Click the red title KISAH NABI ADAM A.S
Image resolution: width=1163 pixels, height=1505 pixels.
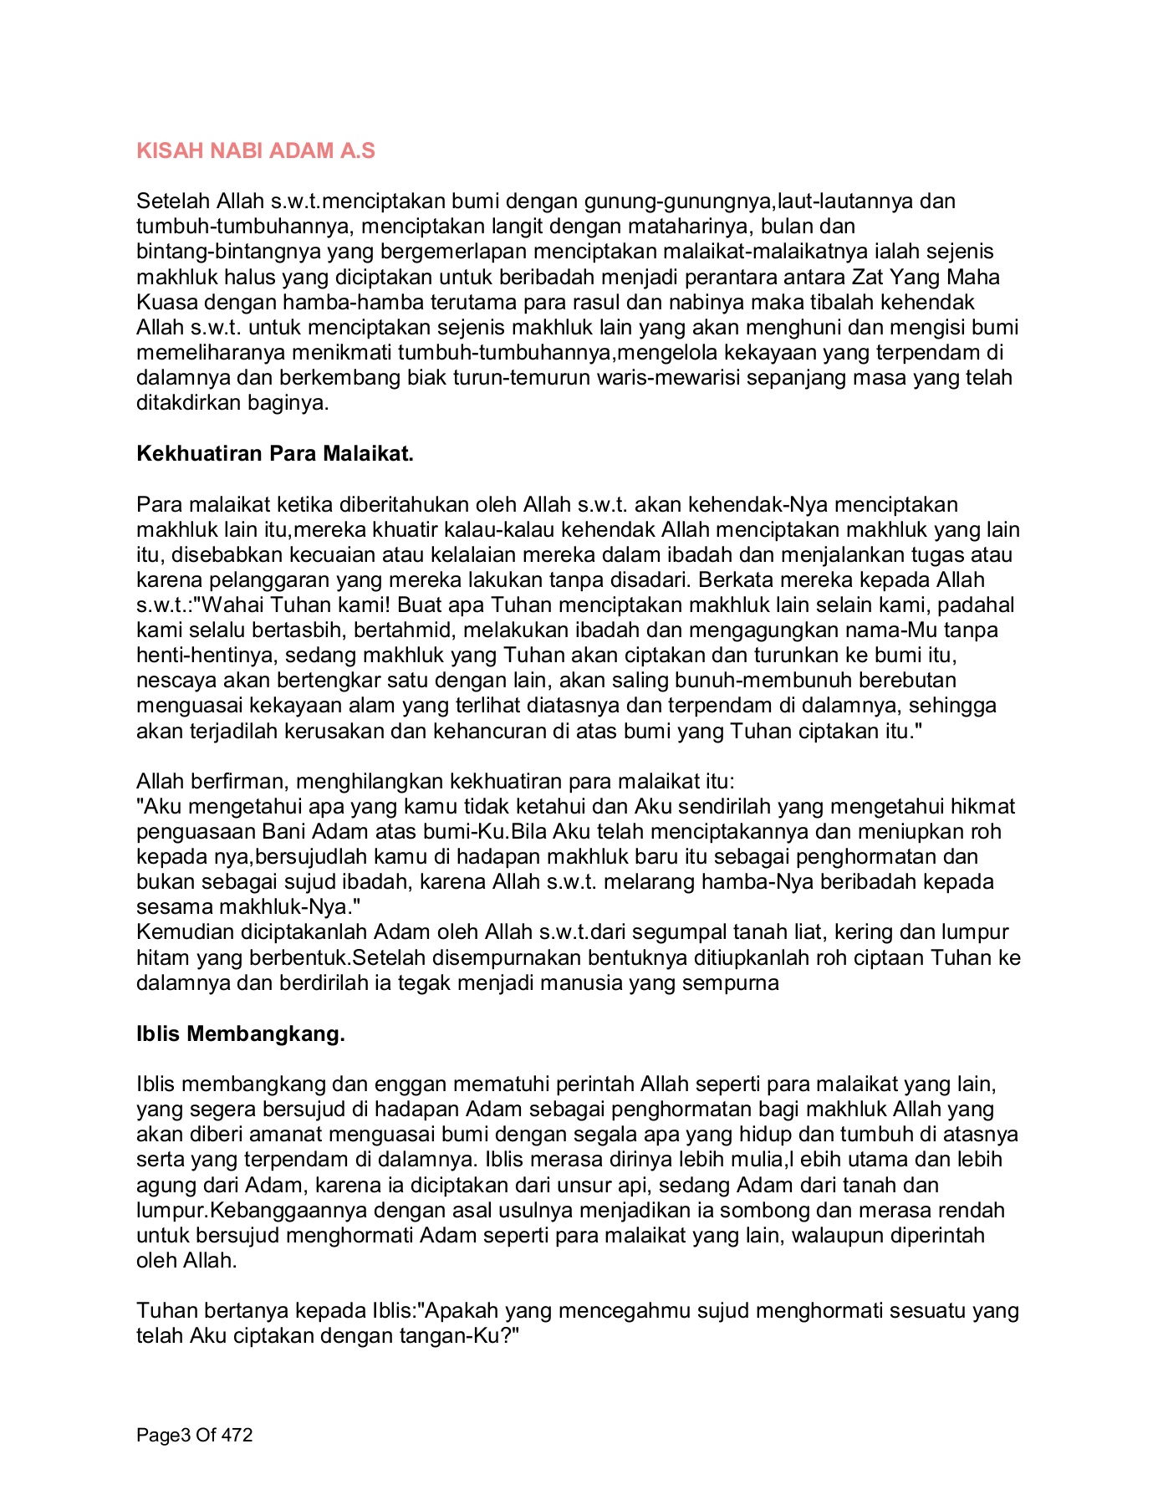click(x=256, y=151)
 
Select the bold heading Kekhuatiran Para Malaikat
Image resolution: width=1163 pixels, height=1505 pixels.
click(x=275, y=454)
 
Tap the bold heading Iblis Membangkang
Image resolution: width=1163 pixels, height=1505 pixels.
click(x=241, y=1034)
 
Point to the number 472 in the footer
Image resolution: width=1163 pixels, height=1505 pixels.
click(x=236, y=1436)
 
